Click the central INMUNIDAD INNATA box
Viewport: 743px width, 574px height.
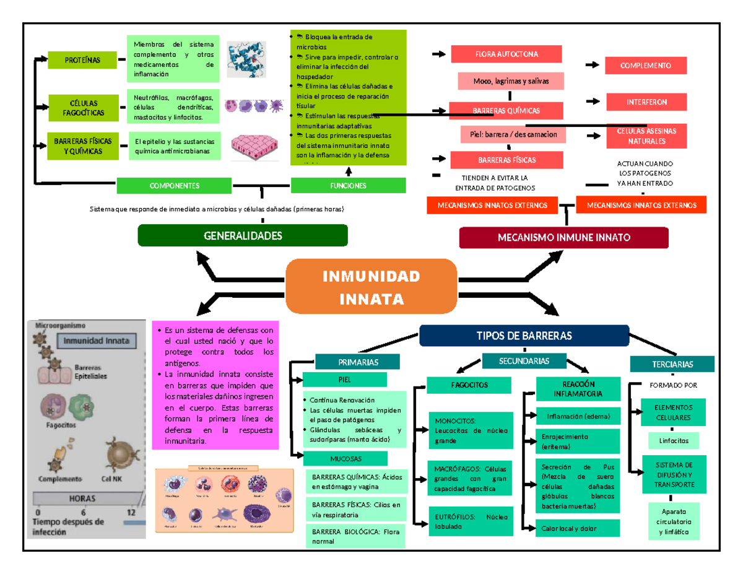371,287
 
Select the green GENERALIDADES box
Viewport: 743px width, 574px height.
242,236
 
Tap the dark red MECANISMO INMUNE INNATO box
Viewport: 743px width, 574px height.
563,238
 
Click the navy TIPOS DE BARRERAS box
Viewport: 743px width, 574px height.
524,336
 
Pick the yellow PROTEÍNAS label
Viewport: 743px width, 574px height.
82,59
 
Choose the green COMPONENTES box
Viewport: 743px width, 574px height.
173,185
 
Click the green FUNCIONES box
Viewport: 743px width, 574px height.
348,185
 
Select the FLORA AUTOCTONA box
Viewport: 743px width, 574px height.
506,54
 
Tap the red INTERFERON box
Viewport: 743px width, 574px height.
646,102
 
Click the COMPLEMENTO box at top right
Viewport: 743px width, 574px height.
646,64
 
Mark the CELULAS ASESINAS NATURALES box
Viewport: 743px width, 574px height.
646,136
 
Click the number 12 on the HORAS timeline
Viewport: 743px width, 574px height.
131,513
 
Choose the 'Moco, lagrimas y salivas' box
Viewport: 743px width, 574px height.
511,81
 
